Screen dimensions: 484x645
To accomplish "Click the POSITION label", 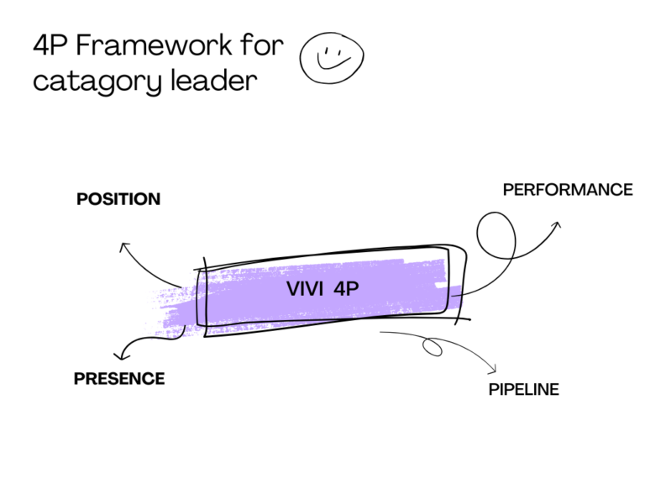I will pos(118,199).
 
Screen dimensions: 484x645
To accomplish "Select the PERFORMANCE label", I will pos(568,190).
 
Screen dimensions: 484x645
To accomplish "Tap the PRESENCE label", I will pos(119,379).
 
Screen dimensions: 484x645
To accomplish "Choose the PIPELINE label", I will pos(523,389).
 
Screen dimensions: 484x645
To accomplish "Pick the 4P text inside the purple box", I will pos(346,289).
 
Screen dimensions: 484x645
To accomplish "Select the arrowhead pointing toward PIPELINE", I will pos(496,371).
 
